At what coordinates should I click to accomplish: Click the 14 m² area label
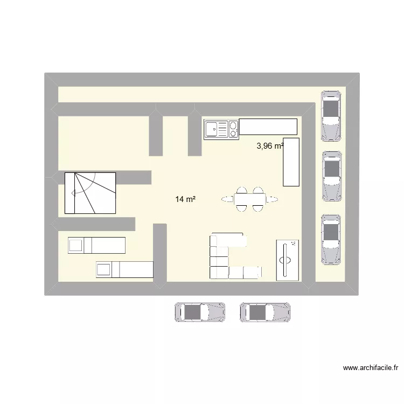[x=185, y=200]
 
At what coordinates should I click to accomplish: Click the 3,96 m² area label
[x=270, y=146]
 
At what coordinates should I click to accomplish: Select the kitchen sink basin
[x=213, y=129]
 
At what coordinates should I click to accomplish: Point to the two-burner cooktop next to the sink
[x=233, y=129]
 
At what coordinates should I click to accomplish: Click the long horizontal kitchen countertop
[x=268, y=127]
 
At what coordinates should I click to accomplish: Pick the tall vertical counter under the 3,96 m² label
[x=291, y=162]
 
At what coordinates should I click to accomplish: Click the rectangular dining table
[x=250, y=200]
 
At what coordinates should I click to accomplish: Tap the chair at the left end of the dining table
[x=226, y=200]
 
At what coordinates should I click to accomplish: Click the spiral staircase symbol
[x=90, y=192]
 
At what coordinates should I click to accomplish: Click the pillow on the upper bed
[x=75, y=246]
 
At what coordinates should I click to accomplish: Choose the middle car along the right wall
[x=331, y=176]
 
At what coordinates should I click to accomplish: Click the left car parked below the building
[x=200, y=312]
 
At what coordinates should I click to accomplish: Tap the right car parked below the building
[x=265, y=312]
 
